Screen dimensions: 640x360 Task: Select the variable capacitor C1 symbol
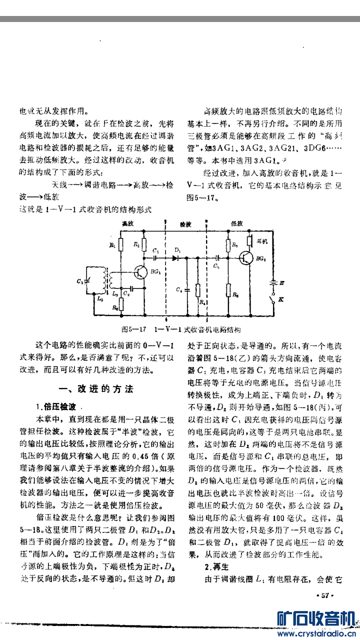(x=88, y=282)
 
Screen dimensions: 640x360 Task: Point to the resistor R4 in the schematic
(x=198, y=290)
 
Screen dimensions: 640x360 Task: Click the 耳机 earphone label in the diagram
(x=261, y=240)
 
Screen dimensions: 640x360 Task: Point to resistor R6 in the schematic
(x=229, y=291)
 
